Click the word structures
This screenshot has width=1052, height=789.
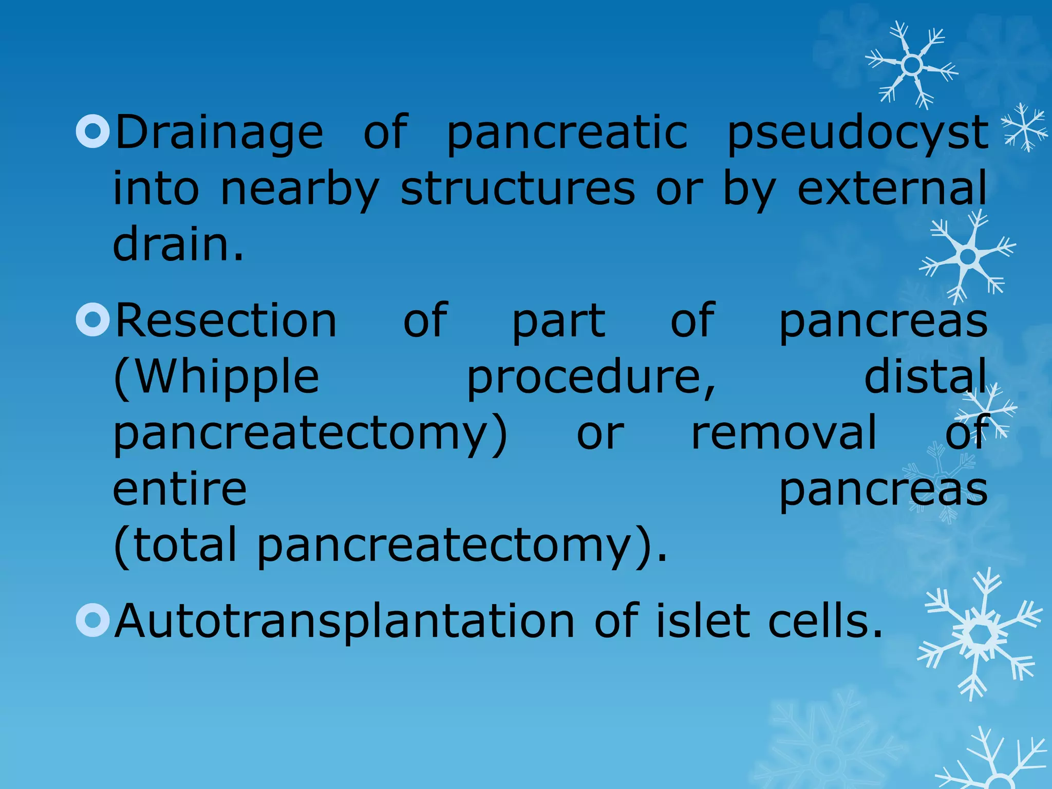pos(518,189)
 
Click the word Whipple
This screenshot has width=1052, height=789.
pos(216,378)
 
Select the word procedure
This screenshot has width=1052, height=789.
pos(591,378)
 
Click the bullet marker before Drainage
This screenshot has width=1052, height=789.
pos(93,131)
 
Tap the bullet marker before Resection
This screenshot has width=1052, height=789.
pos(93,320)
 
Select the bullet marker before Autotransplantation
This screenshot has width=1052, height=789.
pos(93,620)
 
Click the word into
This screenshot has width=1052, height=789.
pos(156,189)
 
